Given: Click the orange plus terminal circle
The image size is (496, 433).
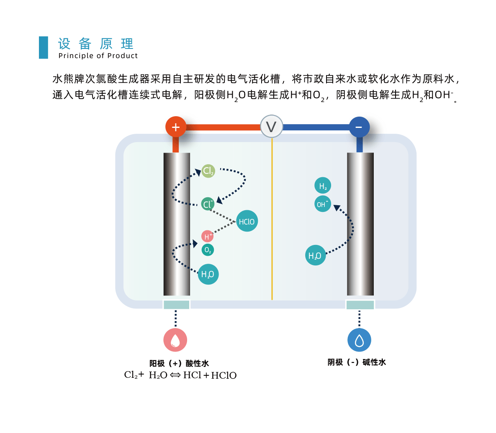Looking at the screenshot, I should pyautogui.click(x=176, y=127).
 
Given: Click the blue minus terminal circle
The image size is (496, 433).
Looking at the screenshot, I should pyautogui.click(x=359, y=127).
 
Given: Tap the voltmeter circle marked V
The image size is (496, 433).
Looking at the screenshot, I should pyautogui.click(x=271, y=127).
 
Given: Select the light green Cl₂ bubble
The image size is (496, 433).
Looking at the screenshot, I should pyautogui.click(x=208, y=171).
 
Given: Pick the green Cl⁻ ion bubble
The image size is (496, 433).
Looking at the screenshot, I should pyautogui.click(x=208, y=204).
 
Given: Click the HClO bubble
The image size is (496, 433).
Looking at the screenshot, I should pyautogui.click(x=247, y=221).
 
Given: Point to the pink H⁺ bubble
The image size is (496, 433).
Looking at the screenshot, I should pyautogui.click(x=207, y=236).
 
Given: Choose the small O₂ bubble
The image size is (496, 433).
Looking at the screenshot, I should pyautogui.click(x=208, y=250).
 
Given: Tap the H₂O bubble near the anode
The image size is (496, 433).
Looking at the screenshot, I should pyautogui.click(x=208, y=274).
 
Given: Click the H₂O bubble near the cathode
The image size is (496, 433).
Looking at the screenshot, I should pyautogui.click(x=315, y=255).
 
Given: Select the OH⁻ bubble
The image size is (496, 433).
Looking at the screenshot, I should pyautogui.click(x=322, y=204).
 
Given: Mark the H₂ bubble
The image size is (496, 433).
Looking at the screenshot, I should pyautogui.click(x=323, y=186).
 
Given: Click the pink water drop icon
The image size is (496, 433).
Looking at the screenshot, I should pyautogui.click(x=175, y=340).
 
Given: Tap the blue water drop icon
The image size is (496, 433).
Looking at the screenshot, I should pyautogui.click(x=359, y=340).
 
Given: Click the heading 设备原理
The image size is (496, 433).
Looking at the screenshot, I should pyautogui.click(x=96, y=43).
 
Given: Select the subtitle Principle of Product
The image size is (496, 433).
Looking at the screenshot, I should pyautogui.click(x=98, y=56).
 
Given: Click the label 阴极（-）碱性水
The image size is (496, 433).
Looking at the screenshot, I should pyautogui.click(x=357, y=362).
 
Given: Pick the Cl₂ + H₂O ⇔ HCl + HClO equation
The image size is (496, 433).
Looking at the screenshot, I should pyautogui.click(x=180, y=375).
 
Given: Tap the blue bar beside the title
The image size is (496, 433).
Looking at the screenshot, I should pyautogui.click(x=44, y=47).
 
